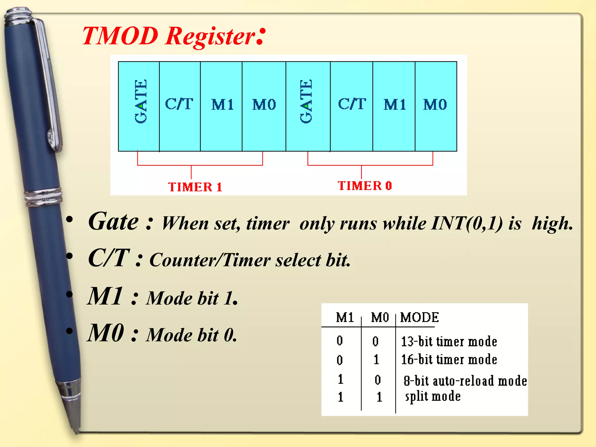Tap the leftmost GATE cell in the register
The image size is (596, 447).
(x=139, y=106)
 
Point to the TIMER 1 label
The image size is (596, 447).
(x=195, y=187)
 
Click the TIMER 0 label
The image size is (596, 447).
(x=365, y=186)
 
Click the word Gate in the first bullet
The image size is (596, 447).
(x=113, y=222)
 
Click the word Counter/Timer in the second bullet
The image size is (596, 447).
(x=210, y=260)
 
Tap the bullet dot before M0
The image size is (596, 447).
(x=69, y=331)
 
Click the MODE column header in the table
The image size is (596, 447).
(x=419, y=317)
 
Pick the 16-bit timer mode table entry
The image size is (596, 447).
(x=449, y=360)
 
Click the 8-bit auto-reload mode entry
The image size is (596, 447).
(x=465, y=381)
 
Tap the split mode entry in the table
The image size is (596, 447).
(x=433, y=397)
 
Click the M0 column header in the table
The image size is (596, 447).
(x=380, y=317)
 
